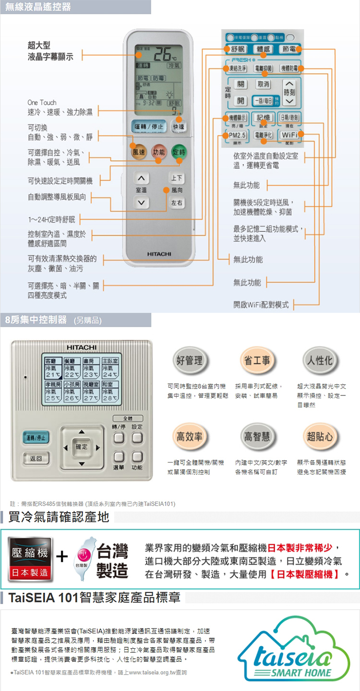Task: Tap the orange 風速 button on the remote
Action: [x=138, y=152]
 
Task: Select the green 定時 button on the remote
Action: [x=178, y=152]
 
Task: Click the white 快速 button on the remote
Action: [x=178, y=127]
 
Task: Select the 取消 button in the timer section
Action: [x=264, y=84]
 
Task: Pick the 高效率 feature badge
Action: [x=189, y=437]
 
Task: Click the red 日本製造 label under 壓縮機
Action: [x=30, y=572]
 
